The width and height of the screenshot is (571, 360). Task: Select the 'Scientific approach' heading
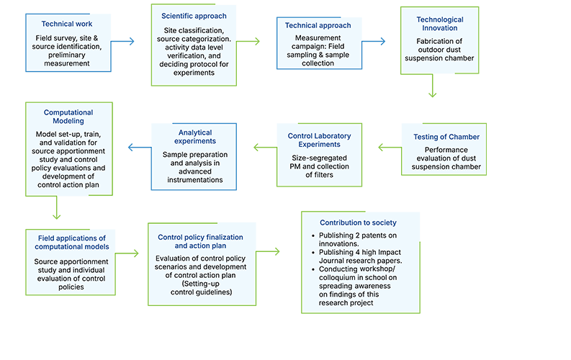(x=194, y=15)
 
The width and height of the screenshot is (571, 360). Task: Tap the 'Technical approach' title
(x=318, y=25)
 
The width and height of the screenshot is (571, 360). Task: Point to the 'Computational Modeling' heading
(x=68, y=117)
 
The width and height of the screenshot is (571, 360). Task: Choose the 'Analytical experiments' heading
(x=196, y=137)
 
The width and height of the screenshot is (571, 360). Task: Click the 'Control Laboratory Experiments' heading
(x=318, y=140)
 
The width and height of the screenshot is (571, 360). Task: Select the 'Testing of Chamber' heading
(x=446, y=137)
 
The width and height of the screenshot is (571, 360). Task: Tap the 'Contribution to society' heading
(x=358, y=223)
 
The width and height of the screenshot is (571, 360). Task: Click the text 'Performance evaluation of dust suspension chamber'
(x=446, y=162)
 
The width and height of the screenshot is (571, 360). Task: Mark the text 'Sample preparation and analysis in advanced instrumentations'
(x=196, y=167)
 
